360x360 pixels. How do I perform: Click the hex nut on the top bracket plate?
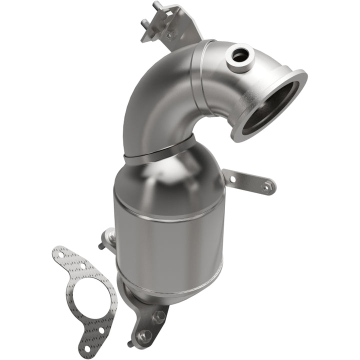(x=170, y=33)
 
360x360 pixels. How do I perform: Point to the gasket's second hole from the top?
(x=83, y=266)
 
